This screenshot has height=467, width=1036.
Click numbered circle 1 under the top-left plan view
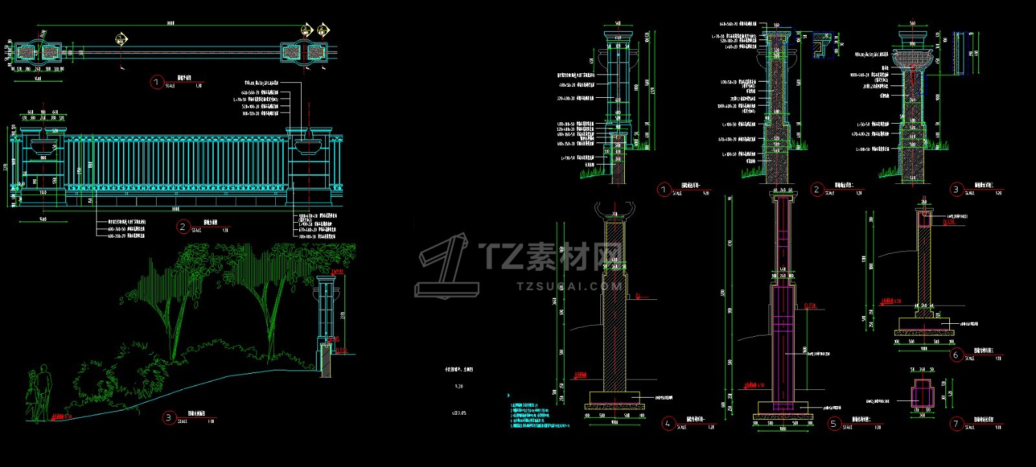[156, 82]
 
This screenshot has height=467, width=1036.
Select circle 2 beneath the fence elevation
[183, 226]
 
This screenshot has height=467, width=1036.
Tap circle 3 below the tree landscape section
[168, 418]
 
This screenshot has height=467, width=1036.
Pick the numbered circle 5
[834, 424]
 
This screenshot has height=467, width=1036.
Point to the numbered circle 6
[956, 354]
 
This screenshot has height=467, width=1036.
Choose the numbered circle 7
[956, 424]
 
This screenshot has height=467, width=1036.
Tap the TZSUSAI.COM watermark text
[569, 286]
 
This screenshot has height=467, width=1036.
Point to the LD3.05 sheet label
[458, 412]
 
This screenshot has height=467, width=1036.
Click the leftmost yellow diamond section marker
[120, 39]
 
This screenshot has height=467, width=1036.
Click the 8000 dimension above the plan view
[170, 23]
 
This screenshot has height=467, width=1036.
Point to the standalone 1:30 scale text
[458, 386]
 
